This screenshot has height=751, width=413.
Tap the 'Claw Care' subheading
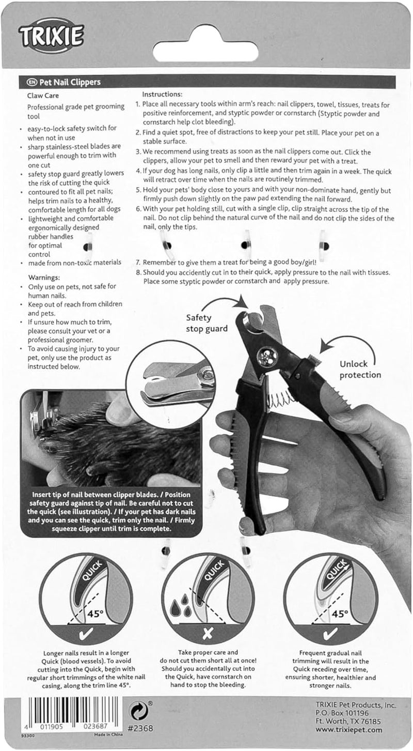tap(43, 96)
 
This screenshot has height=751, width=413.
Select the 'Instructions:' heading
tap(162, 95)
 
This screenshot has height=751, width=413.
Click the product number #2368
tap(139, 729)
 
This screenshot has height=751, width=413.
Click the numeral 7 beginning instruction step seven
tap(138, 263)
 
